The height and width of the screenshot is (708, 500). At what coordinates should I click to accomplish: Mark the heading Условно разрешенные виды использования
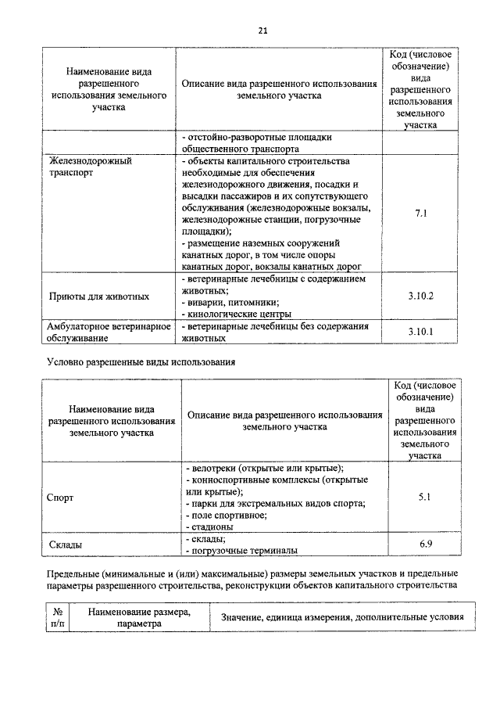click(x=141, y=362)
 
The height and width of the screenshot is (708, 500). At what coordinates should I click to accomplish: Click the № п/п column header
click(x=57, y=618)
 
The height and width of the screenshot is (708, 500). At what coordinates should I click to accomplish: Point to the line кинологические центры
click(x=235, y=314)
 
